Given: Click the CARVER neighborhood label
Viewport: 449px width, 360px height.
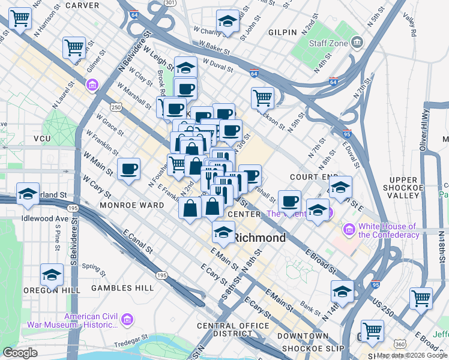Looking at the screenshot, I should click(x=82, y=5).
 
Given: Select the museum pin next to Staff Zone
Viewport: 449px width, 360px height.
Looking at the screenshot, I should click(x=358, y=42).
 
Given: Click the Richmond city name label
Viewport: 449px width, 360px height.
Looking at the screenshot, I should click(x=259, y=238).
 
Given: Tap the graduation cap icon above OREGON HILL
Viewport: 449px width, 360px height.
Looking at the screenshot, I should click(x=52, y=275).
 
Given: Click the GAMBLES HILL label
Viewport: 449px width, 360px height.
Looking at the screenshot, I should click(x=122, y=288).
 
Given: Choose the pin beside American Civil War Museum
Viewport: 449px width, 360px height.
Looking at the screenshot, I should click(x=127, y=319).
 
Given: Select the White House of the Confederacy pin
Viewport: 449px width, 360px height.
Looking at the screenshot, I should click(x=349, y=230).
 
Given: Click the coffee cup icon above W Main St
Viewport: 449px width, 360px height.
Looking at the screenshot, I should click(x=128, y=169).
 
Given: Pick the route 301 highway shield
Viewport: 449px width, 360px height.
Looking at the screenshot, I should click(x=170, y=2).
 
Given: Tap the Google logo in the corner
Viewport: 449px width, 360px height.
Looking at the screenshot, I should click(x=20, y=352).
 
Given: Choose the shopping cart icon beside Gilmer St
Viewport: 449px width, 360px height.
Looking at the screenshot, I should click(x=74, y=46).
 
